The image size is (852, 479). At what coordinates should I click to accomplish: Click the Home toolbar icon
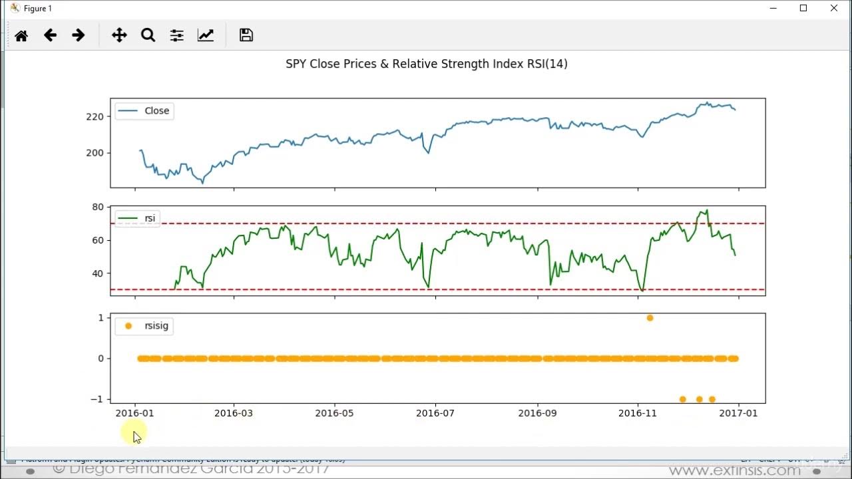21,36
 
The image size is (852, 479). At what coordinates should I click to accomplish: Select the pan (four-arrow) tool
119,36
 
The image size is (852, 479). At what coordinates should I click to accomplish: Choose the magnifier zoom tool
148,36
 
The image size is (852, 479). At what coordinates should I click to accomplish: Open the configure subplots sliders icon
176,36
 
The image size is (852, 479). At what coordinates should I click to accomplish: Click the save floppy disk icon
246,36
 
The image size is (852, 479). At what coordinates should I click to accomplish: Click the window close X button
834,9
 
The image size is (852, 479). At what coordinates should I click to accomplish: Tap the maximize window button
803,9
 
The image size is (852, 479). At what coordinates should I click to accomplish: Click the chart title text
426,64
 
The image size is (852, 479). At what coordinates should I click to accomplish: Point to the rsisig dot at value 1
650,318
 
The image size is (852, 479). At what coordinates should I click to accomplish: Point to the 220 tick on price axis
95,116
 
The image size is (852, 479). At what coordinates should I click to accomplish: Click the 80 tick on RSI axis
98,207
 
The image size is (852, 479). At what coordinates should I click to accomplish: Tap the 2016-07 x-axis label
435,413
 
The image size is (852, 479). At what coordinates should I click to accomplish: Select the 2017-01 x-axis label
738,413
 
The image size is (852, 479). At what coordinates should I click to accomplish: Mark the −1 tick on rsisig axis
97,399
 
